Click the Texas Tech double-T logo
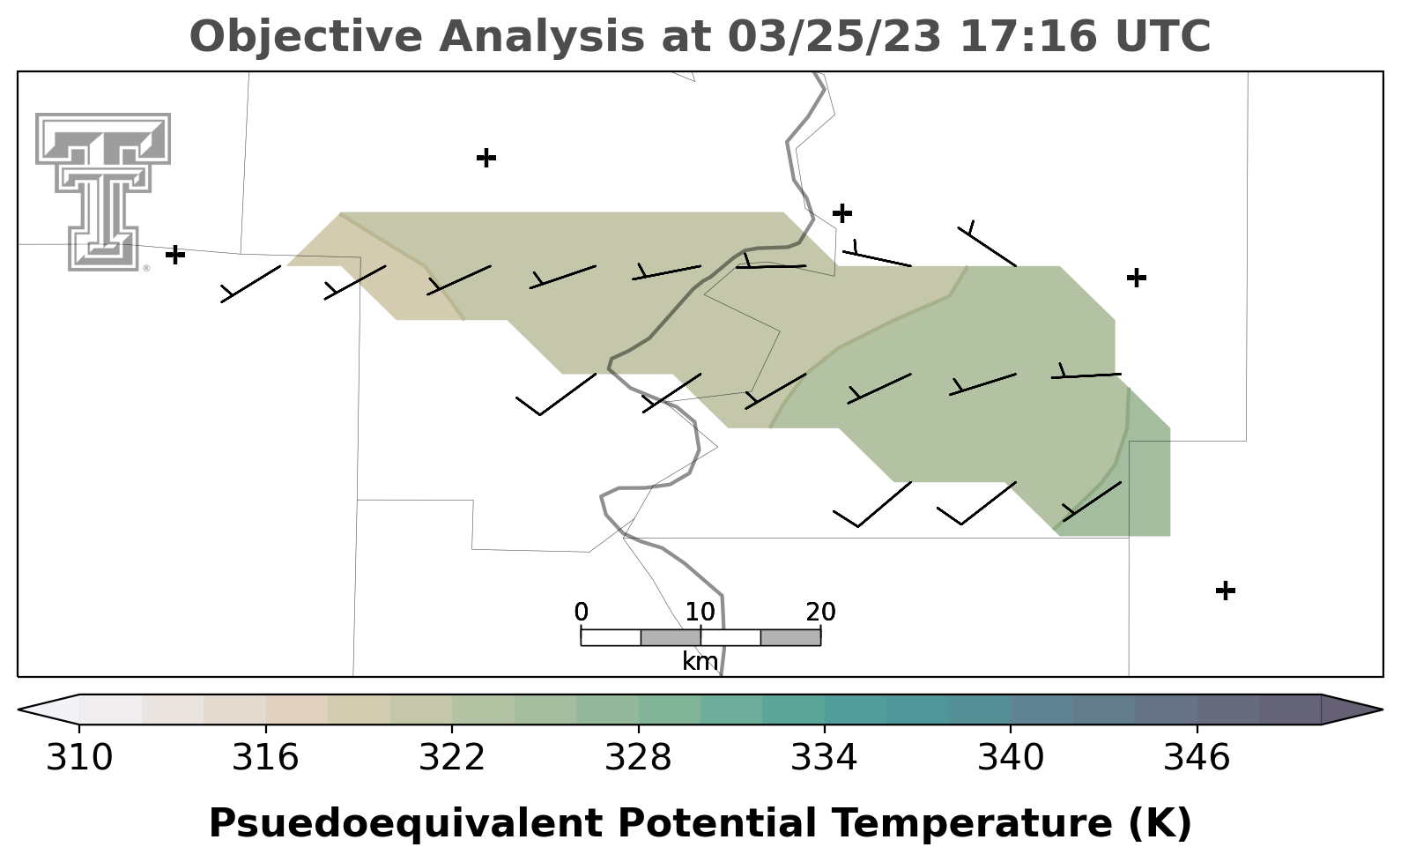tap(103, 192)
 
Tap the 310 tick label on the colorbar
tap(79, 757)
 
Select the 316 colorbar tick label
tap(266, 757)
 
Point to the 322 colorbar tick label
tap(451, 757)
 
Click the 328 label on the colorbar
tap(638, 757)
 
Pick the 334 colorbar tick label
tap(825, 757)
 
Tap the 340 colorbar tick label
tap(1011, 757)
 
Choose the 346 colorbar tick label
tap(1197, 757)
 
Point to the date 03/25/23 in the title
tap(834, 36)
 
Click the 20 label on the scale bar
tap(820, 612)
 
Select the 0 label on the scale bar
tap(581, 612)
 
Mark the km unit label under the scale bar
tap(700, 661)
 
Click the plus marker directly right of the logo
tap(175, 255)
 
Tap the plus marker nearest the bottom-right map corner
tap(1226, 591)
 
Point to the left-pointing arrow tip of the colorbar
tap(19, 710)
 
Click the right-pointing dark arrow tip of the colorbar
tap(1382, 710)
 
